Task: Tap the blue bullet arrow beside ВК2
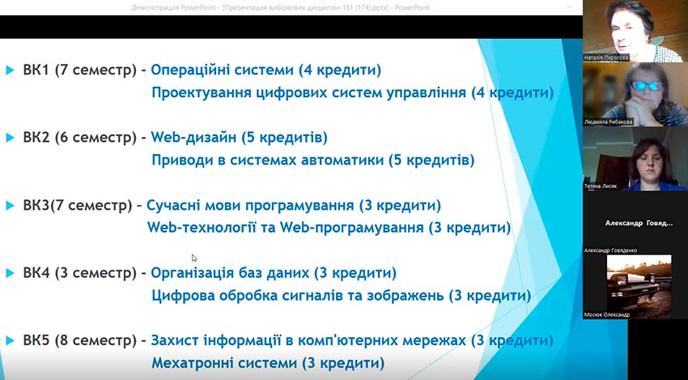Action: click(10, 138)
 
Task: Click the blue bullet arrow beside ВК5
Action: click(10, 340)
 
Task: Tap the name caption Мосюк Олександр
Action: click(606, 314)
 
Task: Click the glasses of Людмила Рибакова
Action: click(645, 84)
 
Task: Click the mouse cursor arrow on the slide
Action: click(194, 258)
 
